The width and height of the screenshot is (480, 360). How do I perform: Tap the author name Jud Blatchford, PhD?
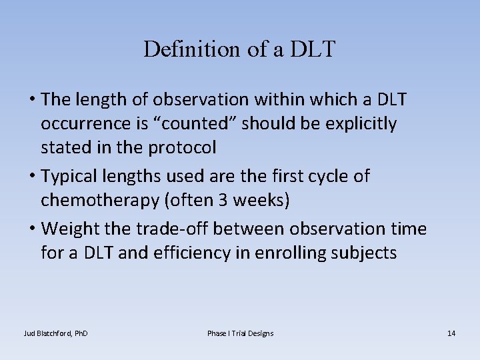pos(56,333)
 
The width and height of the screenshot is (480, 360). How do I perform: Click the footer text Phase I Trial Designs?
pos(240,333)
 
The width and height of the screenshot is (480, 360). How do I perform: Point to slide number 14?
pos(451,333)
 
